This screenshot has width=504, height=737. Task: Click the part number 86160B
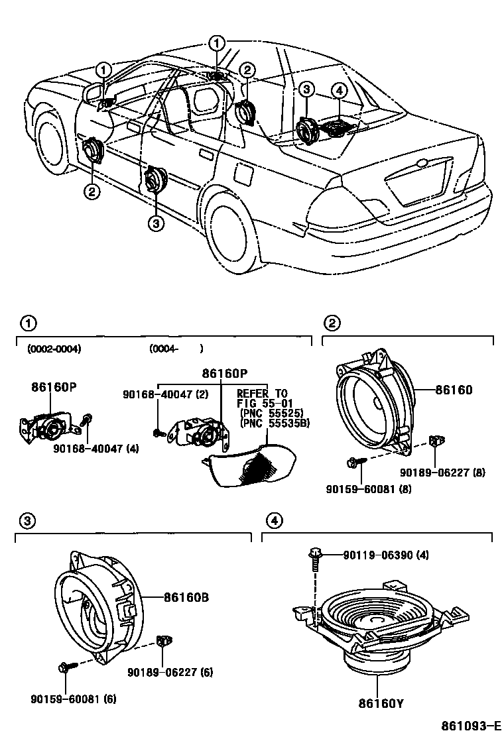coord(186,597)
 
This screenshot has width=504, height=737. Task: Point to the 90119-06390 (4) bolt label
coord(385,555)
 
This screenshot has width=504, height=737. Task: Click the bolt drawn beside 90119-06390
coord(315,559)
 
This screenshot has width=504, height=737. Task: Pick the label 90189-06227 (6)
coord(170,672)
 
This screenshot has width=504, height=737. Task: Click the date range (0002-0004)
coord(54,349)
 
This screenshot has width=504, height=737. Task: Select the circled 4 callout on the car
coord(338,90)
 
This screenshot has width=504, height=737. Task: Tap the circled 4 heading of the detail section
coord(273,522)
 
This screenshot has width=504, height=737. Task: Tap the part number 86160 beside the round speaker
coord(454,390)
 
